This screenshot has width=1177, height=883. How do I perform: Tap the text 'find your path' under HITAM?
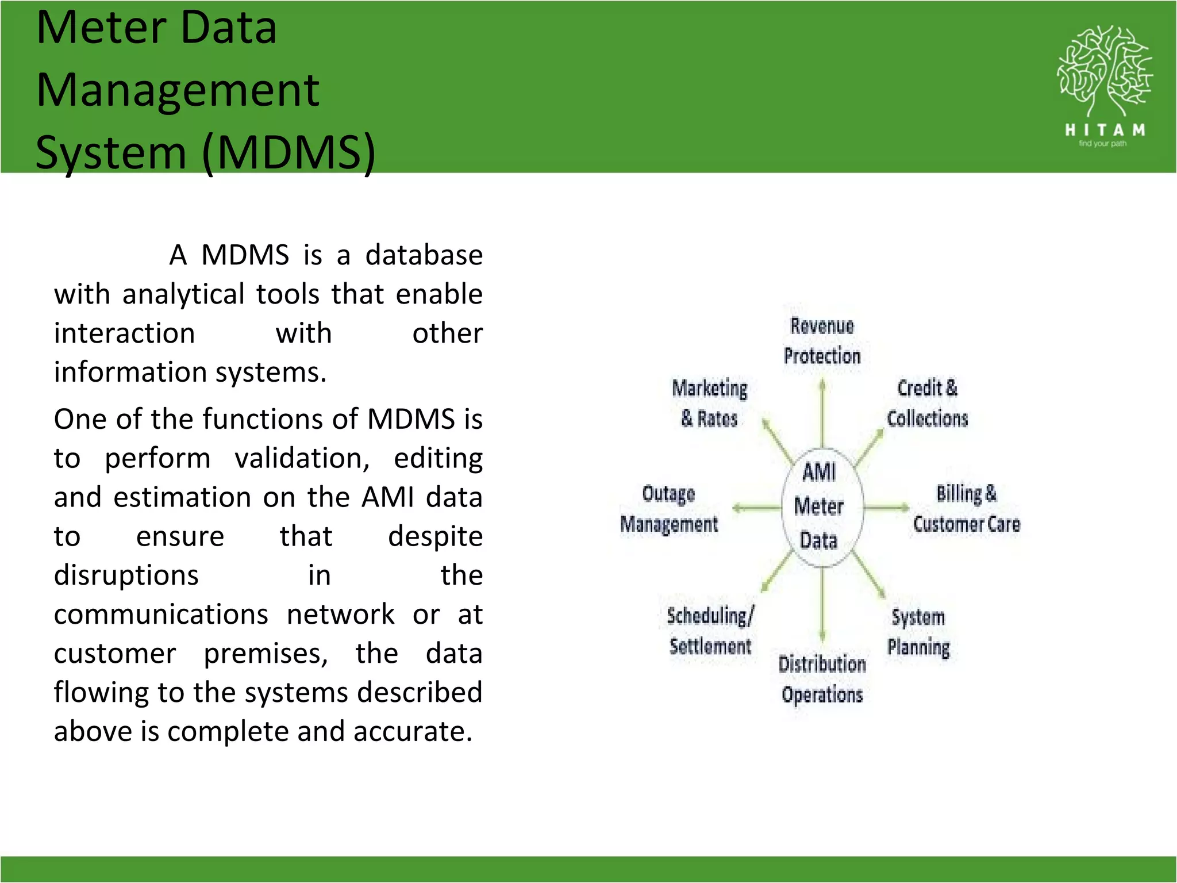tap(1102, 144)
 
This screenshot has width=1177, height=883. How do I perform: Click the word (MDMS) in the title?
tap(289, 152)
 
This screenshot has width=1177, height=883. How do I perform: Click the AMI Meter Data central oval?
tap(822, 507)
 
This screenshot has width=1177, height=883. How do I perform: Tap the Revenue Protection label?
tap(822, 341)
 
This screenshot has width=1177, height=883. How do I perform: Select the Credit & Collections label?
tap(927, 403)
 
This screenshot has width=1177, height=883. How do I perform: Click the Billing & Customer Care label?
tap(967, 509)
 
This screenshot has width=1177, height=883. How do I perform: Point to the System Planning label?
tap(918, 632)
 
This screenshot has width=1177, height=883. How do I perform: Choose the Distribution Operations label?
tap(822, 679)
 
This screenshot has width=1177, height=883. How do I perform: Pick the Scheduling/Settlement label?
tap(710, 631)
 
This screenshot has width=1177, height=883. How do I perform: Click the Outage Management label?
tap(669, 509)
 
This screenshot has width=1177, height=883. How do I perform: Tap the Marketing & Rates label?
tap(710, 403)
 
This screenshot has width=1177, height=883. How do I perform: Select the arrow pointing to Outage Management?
tap(756, 508)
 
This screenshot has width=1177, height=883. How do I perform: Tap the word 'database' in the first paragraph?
tap(424, 255)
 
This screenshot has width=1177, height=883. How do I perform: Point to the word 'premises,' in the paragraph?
tap(266, 654)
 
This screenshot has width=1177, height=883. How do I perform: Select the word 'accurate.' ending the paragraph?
tap(413, 732)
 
